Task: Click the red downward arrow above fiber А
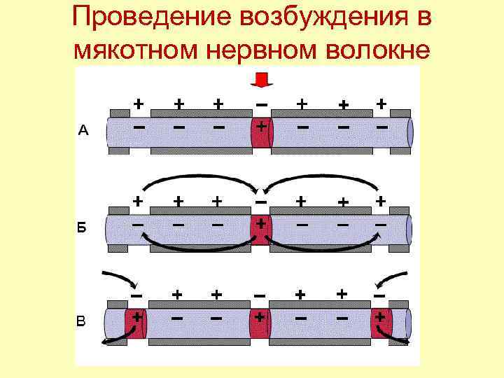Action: point(260,80)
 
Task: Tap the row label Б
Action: point(82,227)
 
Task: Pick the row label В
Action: point(82,321)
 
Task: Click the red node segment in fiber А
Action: point(260,132)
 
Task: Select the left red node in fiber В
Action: point(135,323)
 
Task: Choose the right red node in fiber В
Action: point(381,323)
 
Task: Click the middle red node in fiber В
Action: point(260,323)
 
